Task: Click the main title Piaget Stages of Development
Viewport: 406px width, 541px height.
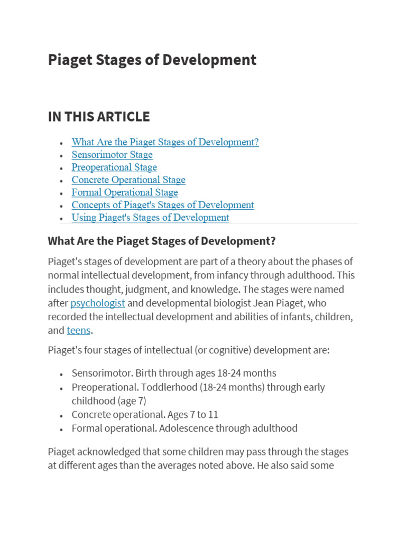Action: click(152, 60)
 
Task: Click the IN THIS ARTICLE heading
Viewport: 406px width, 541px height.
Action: click(99, 117)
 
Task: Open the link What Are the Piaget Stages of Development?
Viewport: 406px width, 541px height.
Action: click(165, 142)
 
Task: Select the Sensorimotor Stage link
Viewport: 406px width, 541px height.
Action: click(112, 155)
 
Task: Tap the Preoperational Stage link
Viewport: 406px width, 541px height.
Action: click(114, 167)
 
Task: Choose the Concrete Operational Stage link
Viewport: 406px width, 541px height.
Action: click(128, 180)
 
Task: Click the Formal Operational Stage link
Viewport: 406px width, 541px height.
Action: click(125, 193)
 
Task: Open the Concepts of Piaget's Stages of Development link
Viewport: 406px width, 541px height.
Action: click(163, 205)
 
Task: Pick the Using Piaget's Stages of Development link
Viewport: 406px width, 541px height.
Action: click(150, 218)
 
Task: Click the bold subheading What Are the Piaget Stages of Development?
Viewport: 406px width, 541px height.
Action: click(162, 241)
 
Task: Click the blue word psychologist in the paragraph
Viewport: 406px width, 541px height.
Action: click(98, 303)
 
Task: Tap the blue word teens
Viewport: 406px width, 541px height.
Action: click(79, 331)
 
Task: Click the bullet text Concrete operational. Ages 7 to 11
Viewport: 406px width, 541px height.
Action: click(145, 415)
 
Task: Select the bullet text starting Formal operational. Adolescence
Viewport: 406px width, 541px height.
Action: click(184, 428)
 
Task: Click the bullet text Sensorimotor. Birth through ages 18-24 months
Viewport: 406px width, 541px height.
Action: click(174, 374)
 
